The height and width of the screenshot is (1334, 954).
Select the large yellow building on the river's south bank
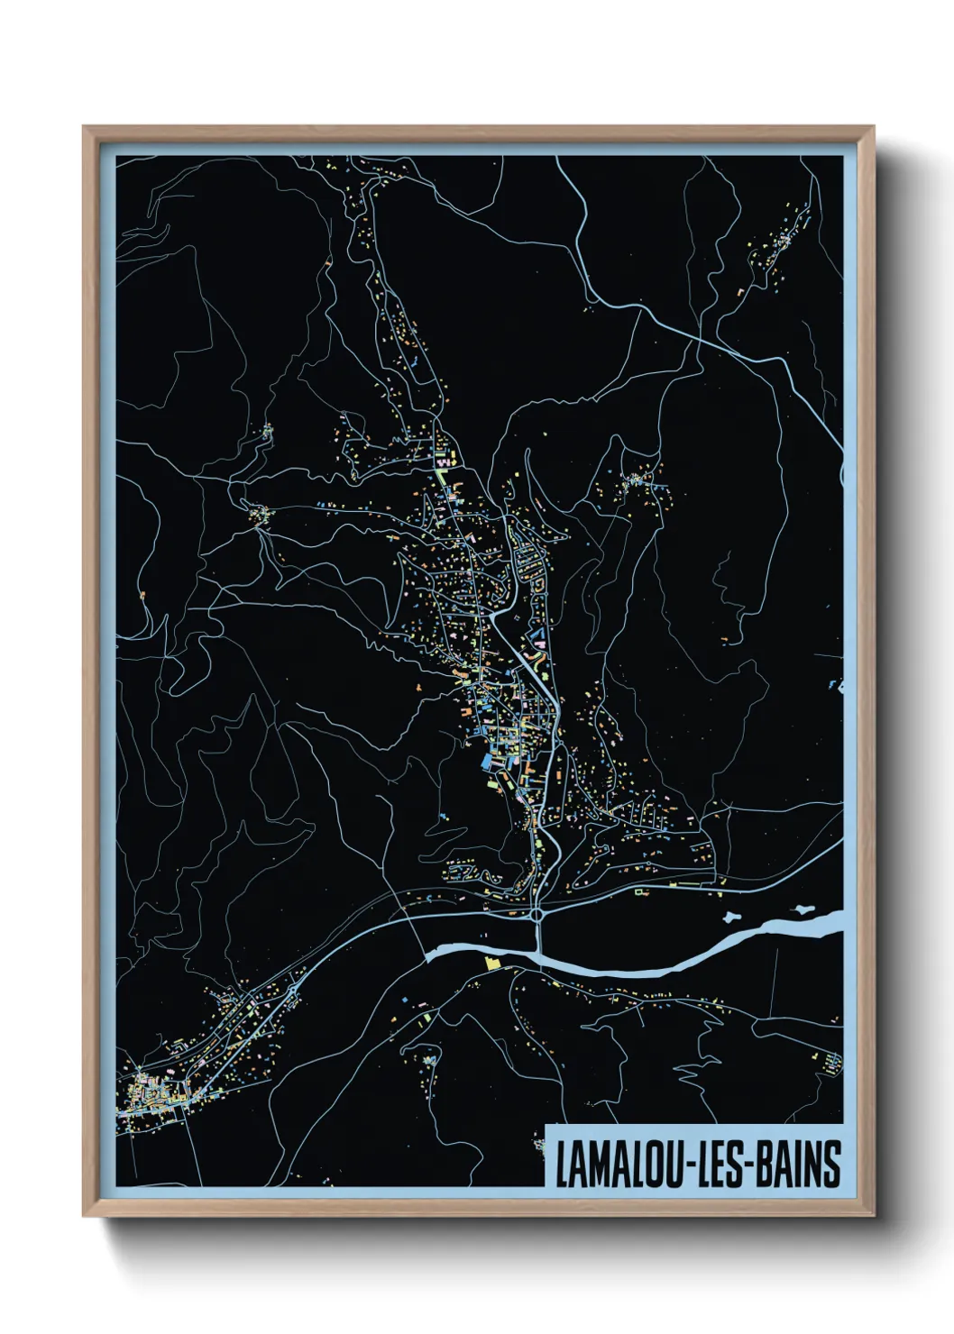pyautogui.click(x=491, y=964)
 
